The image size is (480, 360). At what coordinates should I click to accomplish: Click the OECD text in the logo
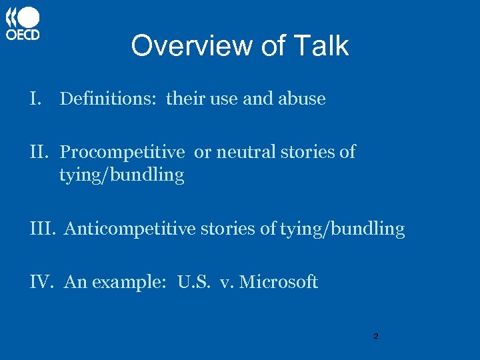coord(23,35)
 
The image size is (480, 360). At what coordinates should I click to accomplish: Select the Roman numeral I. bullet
coord(36,99)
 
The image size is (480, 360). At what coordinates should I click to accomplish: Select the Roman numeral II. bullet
coord(41,152)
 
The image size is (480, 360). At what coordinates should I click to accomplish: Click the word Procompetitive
coord(122,153)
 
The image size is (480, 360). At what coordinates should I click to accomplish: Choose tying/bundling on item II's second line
coord(121,175)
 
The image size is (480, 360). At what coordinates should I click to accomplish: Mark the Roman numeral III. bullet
coord(44,229)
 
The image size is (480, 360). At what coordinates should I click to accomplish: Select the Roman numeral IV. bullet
coord(42,282)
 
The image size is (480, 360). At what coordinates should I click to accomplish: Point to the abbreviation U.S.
coord(193,282)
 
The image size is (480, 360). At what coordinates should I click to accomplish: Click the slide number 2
coord(375,336)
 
